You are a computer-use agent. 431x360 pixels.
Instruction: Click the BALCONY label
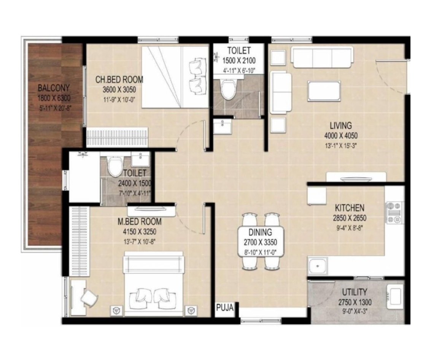[x=54, y=88]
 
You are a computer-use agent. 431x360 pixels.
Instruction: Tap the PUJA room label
[x=224, y=308]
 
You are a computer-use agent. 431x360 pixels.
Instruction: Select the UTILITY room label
[x=355, y=292]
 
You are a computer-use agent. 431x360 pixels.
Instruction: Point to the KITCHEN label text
[x=349, y=208]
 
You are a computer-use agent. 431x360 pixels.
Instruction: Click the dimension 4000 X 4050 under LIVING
[x=341, y=136]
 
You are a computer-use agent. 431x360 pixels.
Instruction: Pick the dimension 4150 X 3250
[x=139, y=232]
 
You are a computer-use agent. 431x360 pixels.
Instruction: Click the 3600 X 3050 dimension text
[x=119, y=89]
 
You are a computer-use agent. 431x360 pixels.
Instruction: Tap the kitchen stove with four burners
[x=394, y=212]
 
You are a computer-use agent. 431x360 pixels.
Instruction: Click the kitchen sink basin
[x=318, y=266]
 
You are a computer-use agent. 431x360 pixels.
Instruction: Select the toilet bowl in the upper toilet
[x=228, y=89]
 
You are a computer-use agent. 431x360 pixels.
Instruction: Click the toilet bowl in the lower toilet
[x=115, y=166]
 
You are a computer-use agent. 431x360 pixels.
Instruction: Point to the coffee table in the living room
[x=324, y=90]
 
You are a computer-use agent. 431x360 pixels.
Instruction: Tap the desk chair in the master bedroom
[x=89, y=298]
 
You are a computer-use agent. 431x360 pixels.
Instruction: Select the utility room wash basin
[x=395, y=296]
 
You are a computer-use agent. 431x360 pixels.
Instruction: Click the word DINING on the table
[x=260, y=232]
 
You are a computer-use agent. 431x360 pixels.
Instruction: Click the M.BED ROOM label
[x=139, y=221]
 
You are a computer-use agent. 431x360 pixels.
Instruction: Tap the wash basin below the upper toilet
[x=223, y=127]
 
